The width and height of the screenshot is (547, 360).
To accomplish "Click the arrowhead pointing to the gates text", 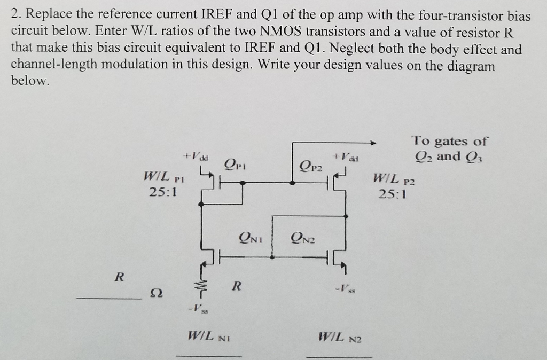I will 374,143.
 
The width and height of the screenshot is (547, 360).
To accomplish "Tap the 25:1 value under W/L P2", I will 393,194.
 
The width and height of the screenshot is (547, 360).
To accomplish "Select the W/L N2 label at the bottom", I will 340,337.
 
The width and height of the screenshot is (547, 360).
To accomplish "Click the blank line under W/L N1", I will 209,355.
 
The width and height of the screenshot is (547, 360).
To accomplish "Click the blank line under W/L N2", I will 339,356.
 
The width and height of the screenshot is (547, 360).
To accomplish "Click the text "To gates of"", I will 449,141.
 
